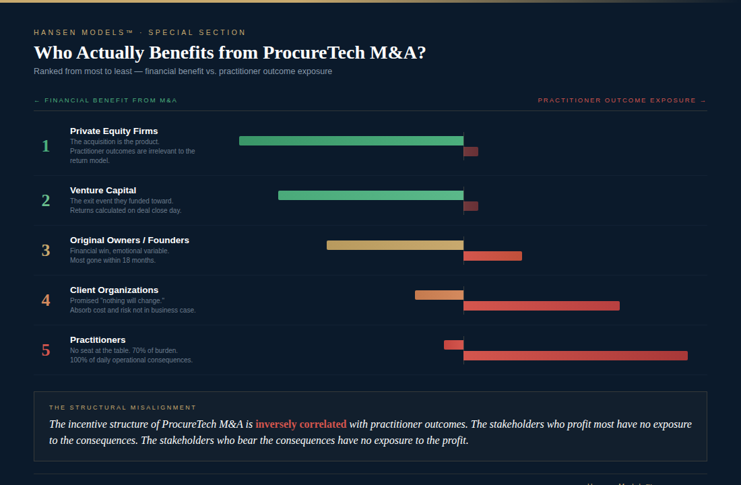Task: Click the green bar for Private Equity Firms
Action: tap(351, 141)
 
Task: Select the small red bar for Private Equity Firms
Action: tap(471, 152)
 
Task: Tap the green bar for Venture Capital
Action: tap(370, 195)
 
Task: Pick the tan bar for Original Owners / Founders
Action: tap(395, 245)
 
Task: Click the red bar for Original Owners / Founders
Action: tap(492, 256)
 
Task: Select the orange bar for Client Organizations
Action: tap(439, 295)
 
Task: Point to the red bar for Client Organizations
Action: tap(542, 306)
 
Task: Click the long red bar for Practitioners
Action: tap(575, 356)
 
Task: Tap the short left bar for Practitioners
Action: tap(453, 345)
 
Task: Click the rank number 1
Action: tap(46, 146)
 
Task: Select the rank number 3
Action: tap(46, 251)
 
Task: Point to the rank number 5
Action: tap(46, 350)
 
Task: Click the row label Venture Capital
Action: tap(103, 191)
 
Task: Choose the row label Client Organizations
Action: tap(114, 290)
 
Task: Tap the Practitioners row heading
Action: tap(98, 340)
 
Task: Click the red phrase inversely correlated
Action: tap(301, 424)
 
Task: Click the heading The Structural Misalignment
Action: tap(123, 408)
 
